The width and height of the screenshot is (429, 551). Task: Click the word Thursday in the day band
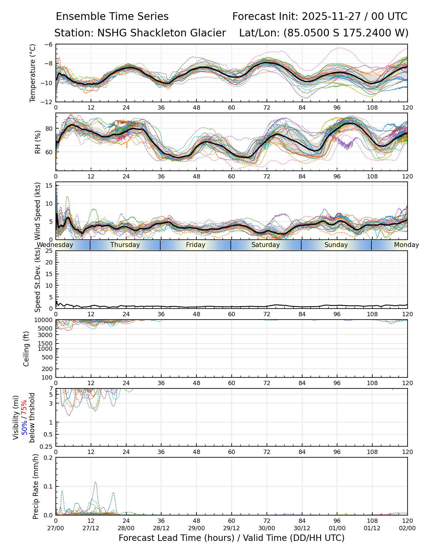pos(125,245)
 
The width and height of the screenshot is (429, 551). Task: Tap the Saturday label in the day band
pos(266,245)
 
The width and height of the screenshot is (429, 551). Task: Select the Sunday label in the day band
pos(336,245)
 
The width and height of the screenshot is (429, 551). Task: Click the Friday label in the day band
pos(196,245)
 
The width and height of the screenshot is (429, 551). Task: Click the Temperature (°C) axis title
pos(33,73)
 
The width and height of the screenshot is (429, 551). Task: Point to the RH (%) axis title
pos(38,142)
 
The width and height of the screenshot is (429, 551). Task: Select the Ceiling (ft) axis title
pos(26,349)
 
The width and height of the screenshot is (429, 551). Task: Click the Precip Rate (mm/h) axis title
pos(36,486)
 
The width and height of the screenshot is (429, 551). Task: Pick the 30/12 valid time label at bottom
pos(302,528)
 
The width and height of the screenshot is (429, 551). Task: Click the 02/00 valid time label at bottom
pos(407,528)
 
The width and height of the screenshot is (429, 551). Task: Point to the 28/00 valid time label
pos(126,528)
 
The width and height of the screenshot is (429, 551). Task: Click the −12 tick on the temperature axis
pos(48,102)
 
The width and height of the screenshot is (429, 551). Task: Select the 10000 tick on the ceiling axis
pos(45,320)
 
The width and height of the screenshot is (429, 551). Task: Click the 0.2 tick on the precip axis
pos(49,458)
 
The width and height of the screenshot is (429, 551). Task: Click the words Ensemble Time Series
pos(112,17)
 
